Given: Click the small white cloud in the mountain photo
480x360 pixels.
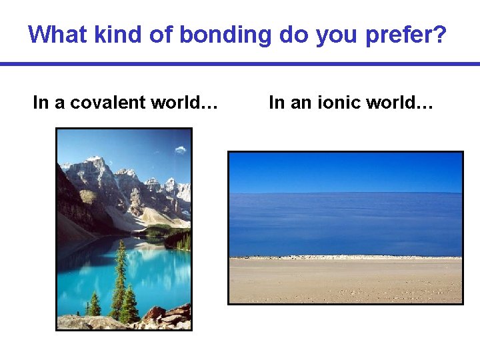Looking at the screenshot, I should point(180,150).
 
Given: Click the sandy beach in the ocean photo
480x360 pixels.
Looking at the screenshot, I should point(345,280).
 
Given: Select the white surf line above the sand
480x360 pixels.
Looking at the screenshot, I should point(345,257).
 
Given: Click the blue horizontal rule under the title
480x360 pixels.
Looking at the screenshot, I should point(240,64).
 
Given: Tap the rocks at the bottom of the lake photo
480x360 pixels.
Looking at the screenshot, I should point(167,318).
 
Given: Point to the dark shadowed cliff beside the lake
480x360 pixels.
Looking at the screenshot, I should point(73,207).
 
